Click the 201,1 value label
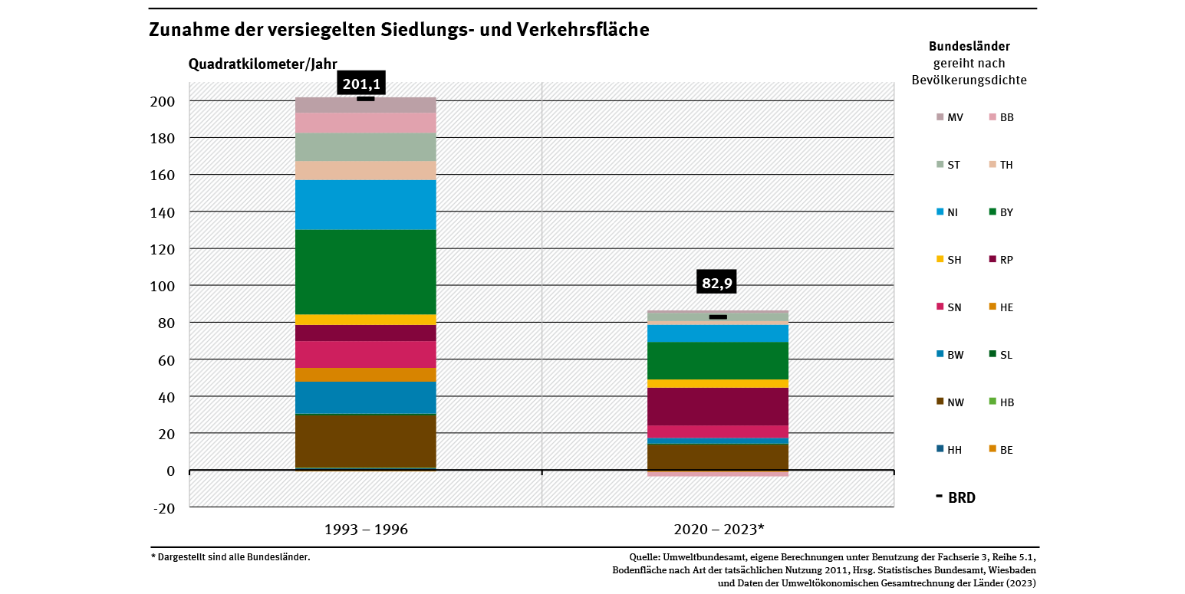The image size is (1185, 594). click(x=362, y=84)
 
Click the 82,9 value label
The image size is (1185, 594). click(x=717, y=283)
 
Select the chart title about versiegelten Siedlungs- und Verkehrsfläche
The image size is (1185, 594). click(x=399, y=30)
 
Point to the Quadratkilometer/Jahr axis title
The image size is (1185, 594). click(x=263, y=64)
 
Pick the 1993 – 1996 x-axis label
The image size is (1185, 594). click(x=366, y=530)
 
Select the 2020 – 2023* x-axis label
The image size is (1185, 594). click(x=719, y=530)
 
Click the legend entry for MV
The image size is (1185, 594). click(x=950, y=117)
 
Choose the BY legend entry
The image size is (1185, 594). click(x=1002, y=212)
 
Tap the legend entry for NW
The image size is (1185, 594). click(x=950, y=402)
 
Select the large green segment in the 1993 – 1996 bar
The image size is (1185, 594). click(x=366, y=271)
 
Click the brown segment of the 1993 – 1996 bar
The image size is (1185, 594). click(x=366, y=441)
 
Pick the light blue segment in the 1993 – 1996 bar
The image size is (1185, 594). click(x=366, y=205)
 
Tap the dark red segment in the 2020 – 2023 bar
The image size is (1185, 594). click(x=719, y=406)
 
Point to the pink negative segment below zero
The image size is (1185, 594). click(x=719, y=474)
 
